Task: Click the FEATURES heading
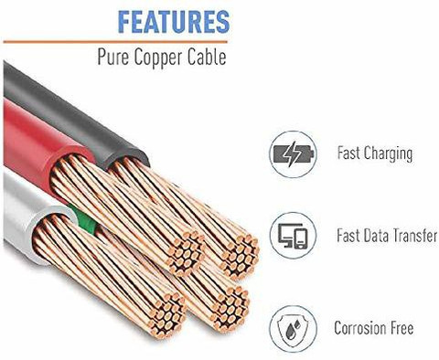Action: click(174, 22)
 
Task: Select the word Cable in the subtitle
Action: click(207, 57)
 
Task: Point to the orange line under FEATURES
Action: click(115, 42)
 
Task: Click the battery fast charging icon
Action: click(293, 154)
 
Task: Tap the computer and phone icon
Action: click(293, 236)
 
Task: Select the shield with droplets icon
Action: click(294, 329)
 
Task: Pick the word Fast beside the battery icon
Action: click(348, 153)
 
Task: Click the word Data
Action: click(376, 236)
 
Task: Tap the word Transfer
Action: click(414, 236)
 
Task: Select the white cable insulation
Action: click(30, 213)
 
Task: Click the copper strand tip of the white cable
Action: click(166, 314)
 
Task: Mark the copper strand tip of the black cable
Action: click(240, 257)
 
